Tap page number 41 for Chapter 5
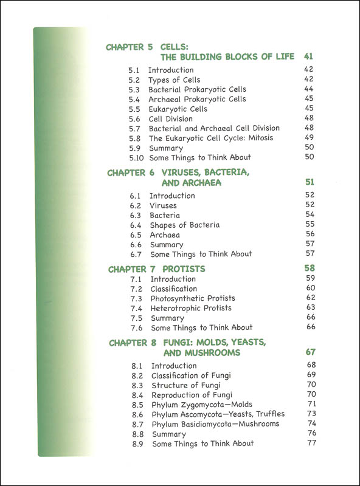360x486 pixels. [x=308, y=57]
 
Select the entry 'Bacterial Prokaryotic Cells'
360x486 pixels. [x=197, y=90]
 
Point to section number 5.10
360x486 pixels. [x=134, y=158]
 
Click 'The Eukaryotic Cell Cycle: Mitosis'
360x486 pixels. [x=211, y=139]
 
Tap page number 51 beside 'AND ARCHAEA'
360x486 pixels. [x=308, y=183]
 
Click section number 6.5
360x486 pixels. [x=136, y=234]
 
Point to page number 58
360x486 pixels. [x=309, y=269]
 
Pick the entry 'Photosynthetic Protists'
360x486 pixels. [x=192, y=299]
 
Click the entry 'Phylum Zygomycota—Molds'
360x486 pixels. [x=201, y=405]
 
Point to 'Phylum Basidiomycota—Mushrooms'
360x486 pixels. [x=215, y=424]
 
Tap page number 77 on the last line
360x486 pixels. [x=313, y=443]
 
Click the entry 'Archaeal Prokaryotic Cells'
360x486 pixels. [x=197, y=100]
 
